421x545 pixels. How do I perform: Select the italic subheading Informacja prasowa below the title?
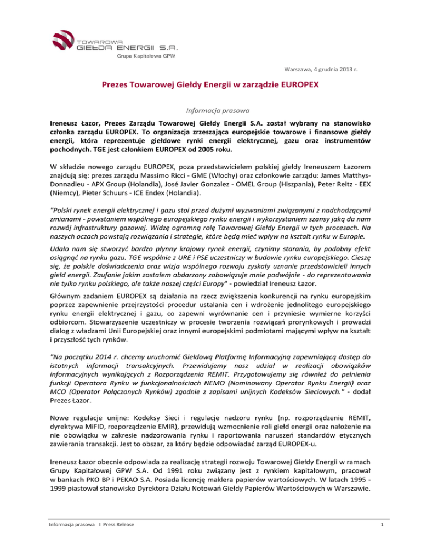pos(210,109)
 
